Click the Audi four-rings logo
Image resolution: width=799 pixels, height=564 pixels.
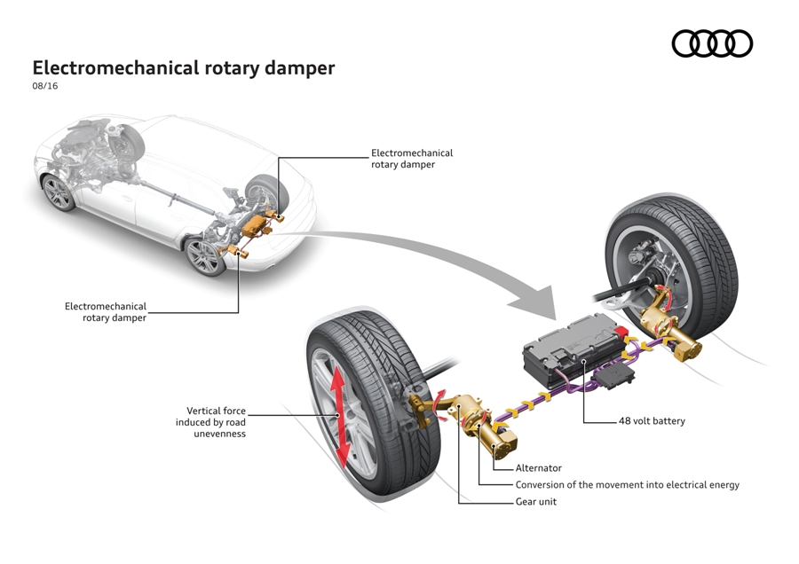tap(711, 43)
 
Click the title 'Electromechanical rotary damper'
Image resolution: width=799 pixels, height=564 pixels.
tap(184, 68)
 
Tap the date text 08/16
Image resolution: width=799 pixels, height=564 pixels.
tap(45, 87)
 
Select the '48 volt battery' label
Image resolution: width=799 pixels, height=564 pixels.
tap(652, 421)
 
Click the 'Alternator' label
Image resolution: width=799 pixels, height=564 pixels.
tap(539, 468)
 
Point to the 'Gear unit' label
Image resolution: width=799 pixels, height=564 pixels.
tap(537, 502)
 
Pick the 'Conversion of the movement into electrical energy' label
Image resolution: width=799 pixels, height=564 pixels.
tap(627, 485)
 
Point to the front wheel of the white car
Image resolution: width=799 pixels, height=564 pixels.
tap(59, 192)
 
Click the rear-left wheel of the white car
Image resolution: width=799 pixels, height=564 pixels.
tap(206, 255)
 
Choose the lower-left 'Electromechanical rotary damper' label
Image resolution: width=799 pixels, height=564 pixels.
tap(106, 311)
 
